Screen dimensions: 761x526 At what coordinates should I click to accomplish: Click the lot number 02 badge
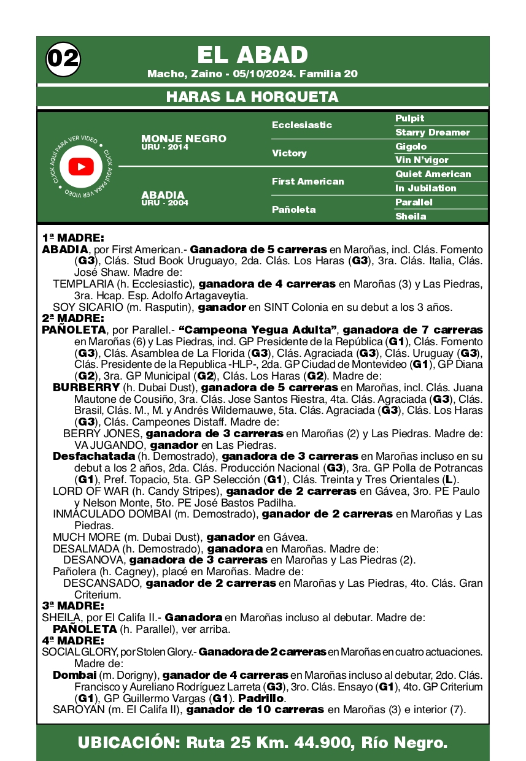[x=63, y=59]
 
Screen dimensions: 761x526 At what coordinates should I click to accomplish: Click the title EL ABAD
[x=252, y=55]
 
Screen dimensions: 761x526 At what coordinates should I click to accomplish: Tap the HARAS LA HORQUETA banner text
[x=252, y=97]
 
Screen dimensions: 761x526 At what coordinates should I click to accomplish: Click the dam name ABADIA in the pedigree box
[x=163, y=195]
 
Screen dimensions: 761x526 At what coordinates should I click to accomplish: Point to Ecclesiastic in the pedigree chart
[x=302, y=125]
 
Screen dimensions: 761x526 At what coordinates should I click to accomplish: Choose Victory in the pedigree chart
[x=289, y=153]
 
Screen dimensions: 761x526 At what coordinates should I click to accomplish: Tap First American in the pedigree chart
[x=308, y=182]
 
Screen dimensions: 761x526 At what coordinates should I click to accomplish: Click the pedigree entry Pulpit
[x=410, y=118]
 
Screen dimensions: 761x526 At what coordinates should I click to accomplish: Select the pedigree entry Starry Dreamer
[x=433, y=132]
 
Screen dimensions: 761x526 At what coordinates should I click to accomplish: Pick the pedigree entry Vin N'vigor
[x=422, y=160]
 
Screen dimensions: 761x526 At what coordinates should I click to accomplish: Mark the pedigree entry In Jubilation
[x=426, y=188]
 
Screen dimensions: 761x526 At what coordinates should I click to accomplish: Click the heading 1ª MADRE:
[x=73, y=238]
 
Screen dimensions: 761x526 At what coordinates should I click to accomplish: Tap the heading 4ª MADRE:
[x=73, y=641]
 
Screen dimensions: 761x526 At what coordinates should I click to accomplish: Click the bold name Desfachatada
[x=93, y=456]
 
